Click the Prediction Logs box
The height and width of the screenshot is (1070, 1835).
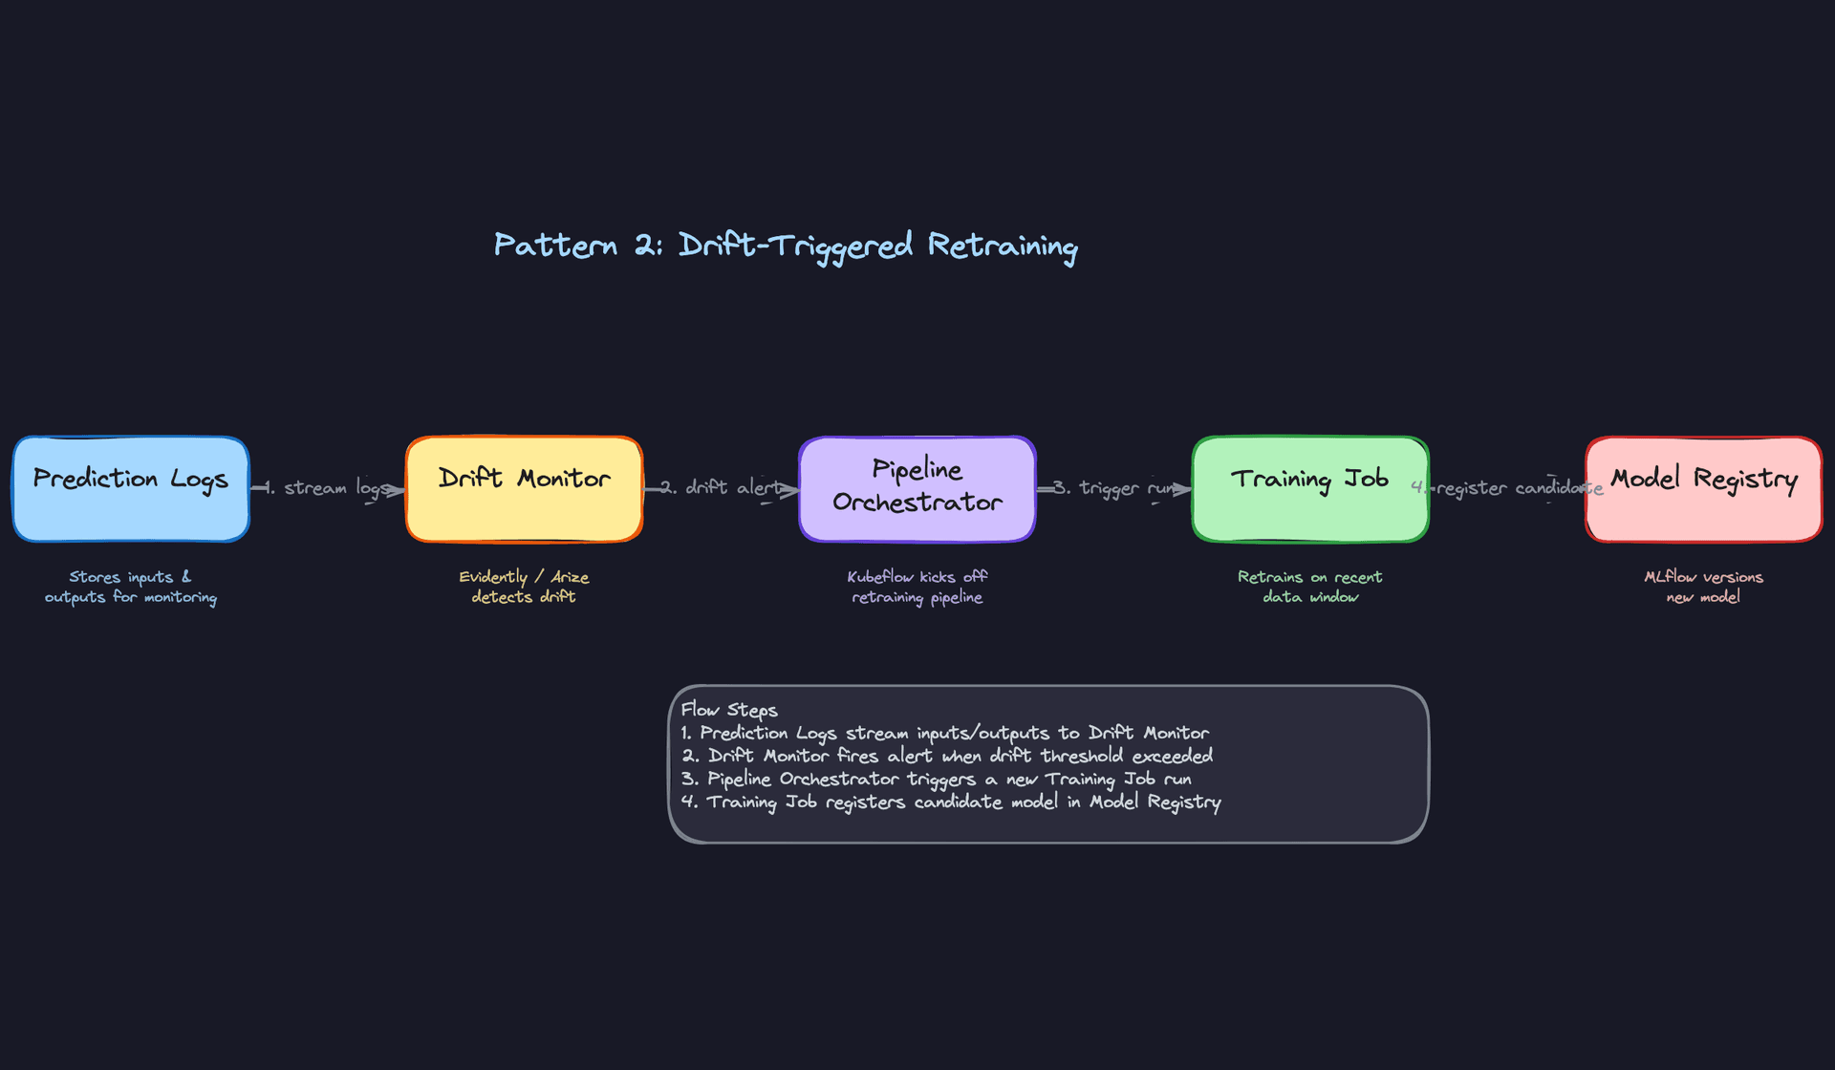131,489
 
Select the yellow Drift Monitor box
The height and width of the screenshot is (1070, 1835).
524,489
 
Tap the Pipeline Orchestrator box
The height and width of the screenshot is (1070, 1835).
917,489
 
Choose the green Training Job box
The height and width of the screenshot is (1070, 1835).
1310,489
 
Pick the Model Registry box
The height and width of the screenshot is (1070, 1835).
1704,489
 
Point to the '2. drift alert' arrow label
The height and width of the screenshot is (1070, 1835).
722,487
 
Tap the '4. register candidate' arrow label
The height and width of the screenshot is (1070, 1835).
1508,488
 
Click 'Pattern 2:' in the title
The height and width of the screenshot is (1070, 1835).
577,246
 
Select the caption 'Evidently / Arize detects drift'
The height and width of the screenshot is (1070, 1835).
524,587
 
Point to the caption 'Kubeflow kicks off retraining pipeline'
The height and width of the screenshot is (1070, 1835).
917,587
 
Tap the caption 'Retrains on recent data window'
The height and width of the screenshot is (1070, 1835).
1310,587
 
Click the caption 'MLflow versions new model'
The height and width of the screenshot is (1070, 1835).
1704,587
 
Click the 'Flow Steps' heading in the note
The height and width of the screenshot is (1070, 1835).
729,710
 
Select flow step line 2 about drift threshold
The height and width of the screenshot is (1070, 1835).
946,756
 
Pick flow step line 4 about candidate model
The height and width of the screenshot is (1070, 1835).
951,802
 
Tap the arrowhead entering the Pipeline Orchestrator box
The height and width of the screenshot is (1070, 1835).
790,490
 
